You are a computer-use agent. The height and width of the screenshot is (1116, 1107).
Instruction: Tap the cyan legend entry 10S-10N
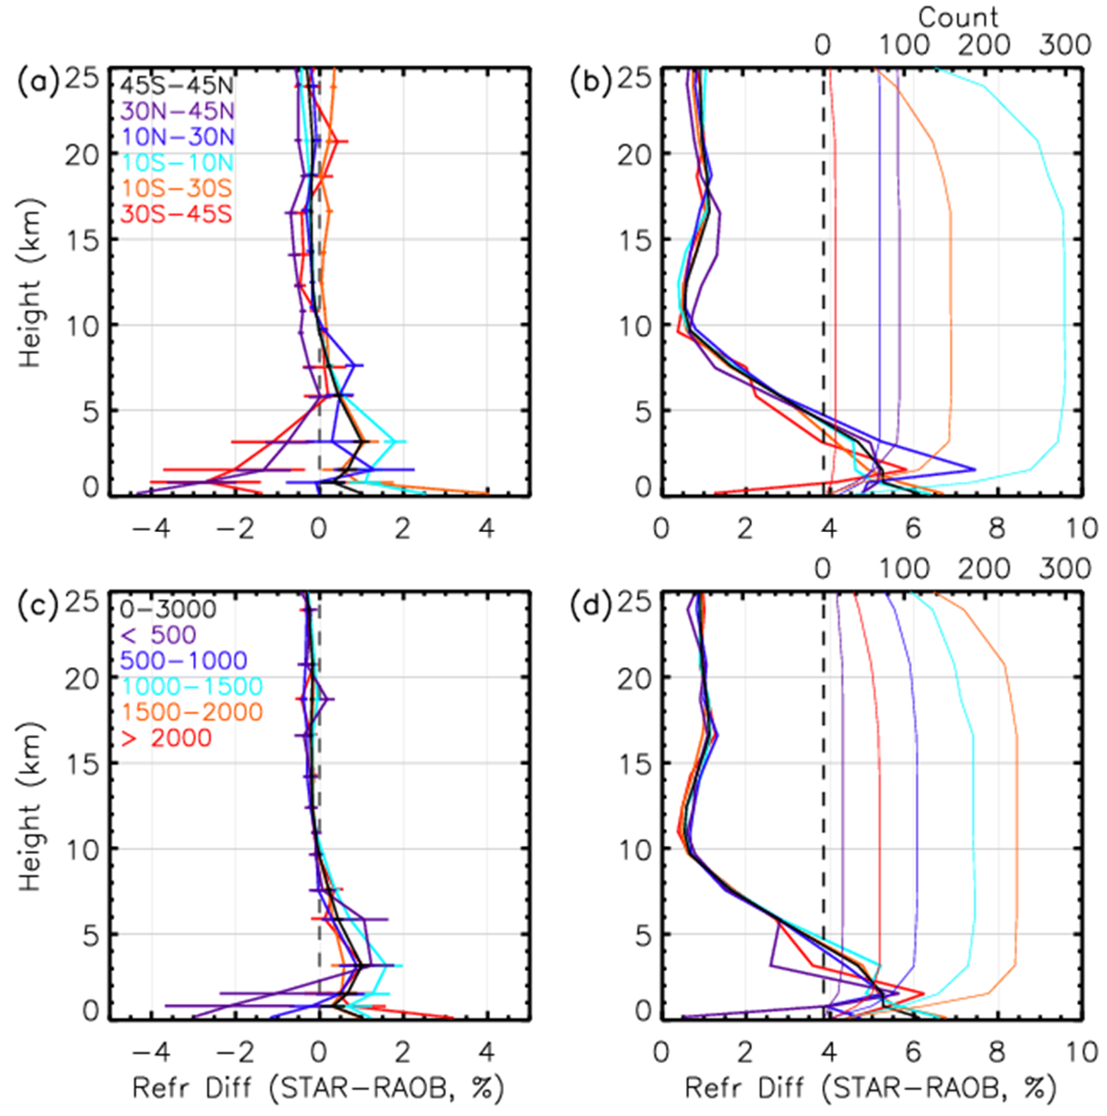pyautogui.click(x=177, y=162)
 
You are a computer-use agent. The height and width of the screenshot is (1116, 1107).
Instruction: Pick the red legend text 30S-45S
pyautogui.click(x=177, y=214)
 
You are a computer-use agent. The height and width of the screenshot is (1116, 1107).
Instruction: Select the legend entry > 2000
pyautogui.click(x=166, y=738)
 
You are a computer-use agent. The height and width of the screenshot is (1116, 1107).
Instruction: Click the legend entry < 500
pyautogui.click(x=158, y=635)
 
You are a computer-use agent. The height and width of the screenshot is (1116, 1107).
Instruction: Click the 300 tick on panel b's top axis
pyautogui.click(x=1064, y=45)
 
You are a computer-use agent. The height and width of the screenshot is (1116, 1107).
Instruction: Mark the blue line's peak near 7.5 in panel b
pyautogui.click(x=975, y=469)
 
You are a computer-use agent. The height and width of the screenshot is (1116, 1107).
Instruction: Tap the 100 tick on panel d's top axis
pyautogui.click(x=904, y=568)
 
